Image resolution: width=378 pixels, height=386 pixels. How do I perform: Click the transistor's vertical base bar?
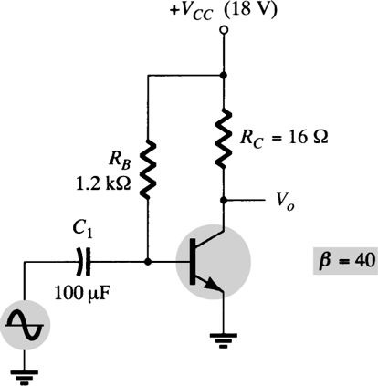click(194, 262)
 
